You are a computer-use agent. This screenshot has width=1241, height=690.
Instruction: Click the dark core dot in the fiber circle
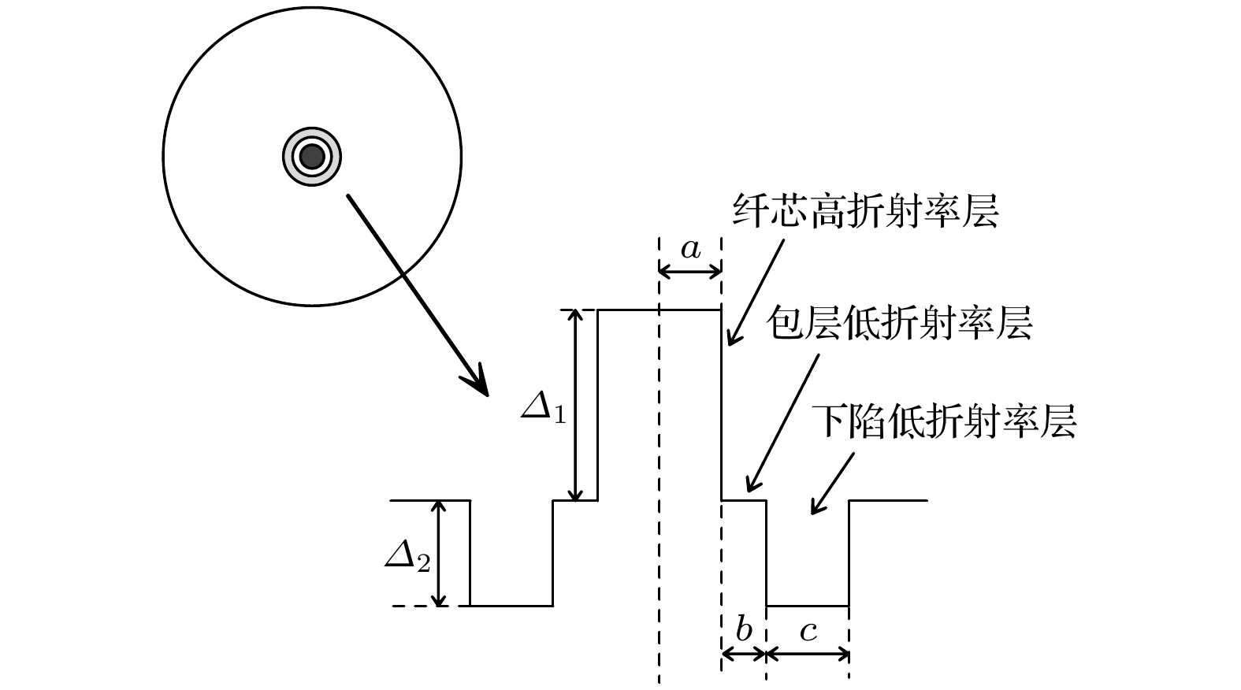pos(312,157)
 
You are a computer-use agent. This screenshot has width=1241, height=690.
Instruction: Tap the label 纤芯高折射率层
pos(866,212)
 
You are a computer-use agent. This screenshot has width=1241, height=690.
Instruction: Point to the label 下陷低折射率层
pos(943,421)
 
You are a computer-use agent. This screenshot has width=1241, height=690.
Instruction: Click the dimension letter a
pos(690,249)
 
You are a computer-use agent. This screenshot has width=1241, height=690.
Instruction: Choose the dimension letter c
pos(808,632)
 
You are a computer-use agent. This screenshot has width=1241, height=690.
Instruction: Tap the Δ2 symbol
pos(408,557)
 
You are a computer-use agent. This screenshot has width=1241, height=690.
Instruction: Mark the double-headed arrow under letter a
pos(689,271)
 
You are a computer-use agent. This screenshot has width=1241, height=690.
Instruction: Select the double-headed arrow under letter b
pos(744,655)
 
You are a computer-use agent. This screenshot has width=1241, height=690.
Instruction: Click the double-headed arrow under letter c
pos(808,655)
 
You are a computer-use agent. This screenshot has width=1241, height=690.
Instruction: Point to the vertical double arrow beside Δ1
pos(576,406)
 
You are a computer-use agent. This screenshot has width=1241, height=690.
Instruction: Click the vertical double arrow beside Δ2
pos(439,553)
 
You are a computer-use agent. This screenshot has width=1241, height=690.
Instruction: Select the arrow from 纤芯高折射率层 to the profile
pos(756,292)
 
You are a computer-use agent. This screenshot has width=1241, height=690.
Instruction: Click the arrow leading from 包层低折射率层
pos(782,424)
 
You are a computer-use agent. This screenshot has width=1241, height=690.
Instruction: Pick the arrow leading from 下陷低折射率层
pos(832,484)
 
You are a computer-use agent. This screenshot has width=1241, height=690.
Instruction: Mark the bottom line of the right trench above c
pos(808,606)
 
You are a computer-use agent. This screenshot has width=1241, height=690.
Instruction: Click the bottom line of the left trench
pos(511,606)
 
